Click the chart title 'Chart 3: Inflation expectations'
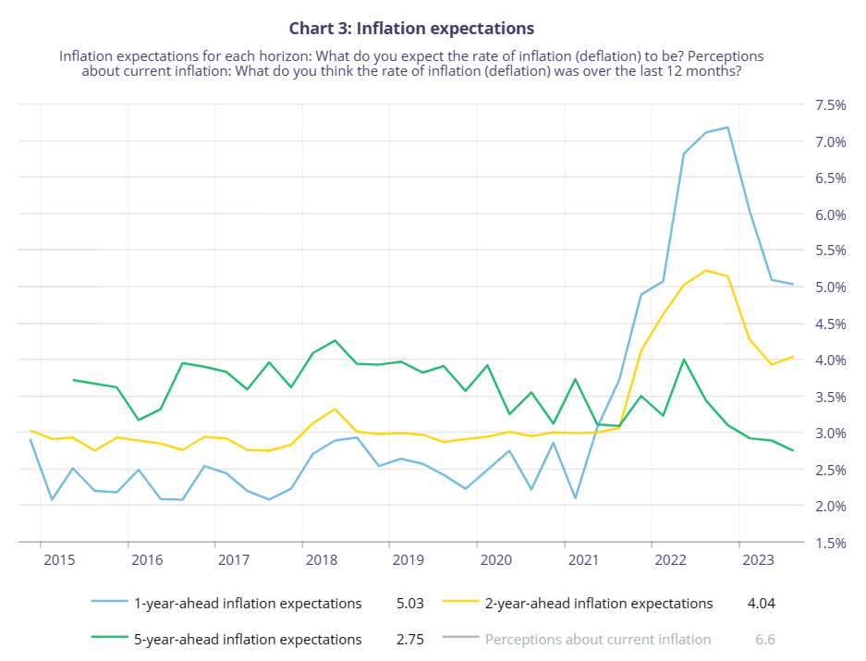(411, 30)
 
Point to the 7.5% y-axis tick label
(831, 105)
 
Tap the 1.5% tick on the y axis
(831, 543)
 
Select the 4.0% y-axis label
(831, 361)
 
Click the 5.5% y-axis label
(831, 251)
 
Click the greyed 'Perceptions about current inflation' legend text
(598, 639)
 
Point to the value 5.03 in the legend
(409, 604)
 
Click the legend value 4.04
(761, 604)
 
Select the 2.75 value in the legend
(409, 639)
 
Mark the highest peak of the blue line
(727, 128)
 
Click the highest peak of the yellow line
(706, 270)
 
